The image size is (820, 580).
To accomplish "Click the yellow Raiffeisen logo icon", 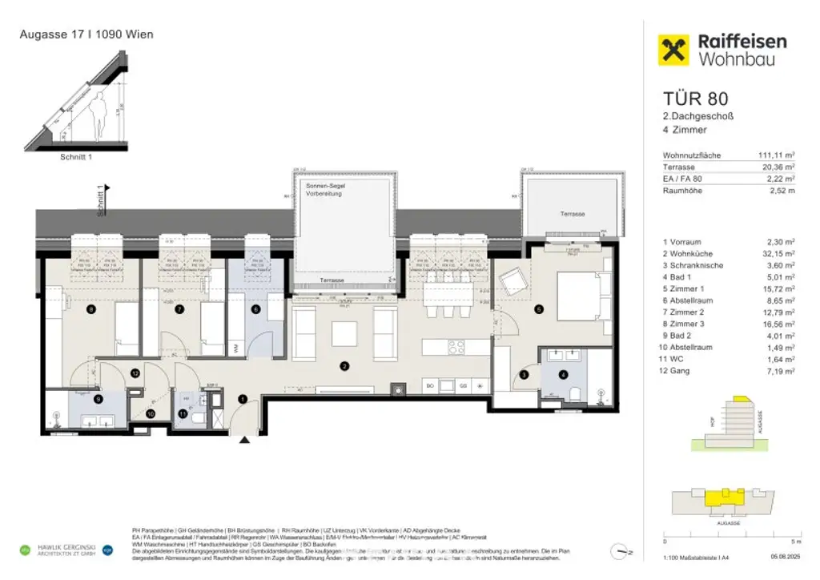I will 674,50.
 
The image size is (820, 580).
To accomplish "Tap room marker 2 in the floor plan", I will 344,367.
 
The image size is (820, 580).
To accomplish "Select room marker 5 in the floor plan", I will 539,309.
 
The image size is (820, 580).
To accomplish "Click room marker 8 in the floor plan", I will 91,309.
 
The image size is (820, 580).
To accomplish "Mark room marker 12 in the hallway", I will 135,373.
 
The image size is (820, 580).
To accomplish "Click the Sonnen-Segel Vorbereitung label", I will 324,189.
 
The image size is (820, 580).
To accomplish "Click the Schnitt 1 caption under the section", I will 76,157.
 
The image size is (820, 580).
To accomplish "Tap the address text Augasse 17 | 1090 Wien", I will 86,34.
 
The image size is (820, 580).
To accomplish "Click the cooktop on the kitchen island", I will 456,348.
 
